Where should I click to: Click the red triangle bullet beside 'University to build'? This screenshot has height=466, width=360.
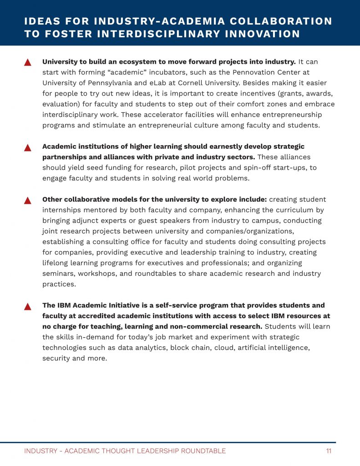click(27, 62)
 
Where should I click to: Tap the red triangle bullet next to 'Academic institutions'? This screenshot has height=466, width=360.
click(27, 147)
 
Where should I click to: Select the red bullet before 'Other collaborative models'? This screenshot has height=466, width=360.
click(27, 201)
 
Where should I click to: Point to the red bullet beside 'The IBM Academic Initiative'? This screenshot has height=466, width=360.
click(27, 306)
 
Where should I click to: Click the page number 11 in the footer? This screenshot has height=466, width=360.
click(328, 451)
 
